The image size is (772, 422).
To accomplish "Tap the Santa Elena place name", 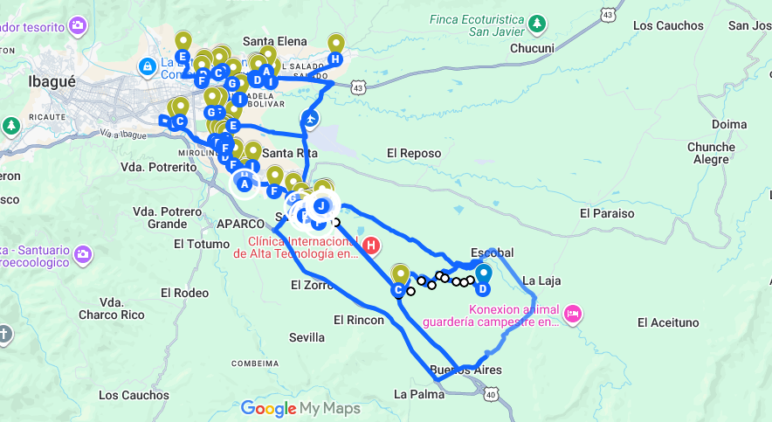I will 275,40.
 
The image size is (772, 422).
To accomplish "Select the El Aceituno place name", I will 668,323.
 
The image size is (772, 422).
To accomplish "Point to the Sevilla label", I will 307,337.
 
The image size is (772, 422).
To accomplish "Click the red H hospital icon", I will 371,246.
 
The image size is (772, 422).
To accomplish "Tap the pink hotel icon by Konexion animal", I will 573,313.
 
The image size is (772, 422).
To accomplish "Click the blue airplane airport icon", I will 310,117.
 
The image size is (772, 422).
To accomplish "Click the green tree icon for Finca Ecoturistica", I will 540,21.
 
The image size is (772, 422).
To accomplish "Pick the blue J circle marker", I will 321,206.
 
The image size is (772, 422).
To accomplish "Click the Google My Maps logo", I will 300,408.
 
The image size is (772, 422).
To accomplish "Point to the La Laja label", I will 541,281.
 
